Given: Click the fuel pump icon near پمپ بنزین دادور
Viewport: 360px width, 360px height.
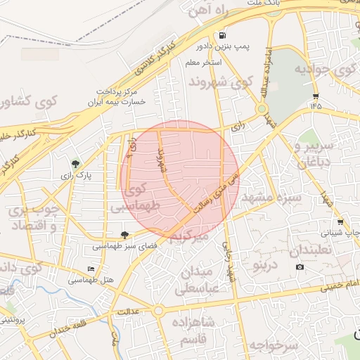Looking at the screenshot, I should [x=222, y=35].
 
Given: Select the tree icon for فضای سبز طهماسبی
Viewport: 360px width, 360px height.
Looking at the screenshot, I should [x=125, y=236].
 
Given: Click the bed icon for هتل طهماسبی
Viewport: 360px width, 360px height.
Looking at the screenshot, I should [x=90, y=269].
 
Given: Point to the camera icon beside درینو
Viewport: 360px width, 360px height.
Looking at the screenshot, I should [x=300, y=266].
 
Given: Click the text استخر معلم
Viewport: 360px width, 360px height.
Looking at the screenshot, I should [x=204, y=63].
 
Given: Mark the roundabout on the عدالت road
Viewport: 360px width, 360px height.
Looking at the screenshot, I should [x=158, y=310].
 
